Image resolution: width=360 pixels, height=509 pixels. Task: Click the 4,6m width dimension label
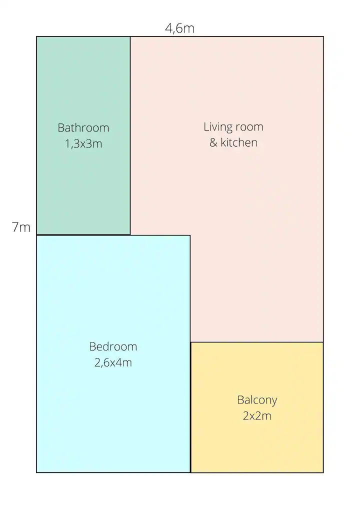click(x=179, y=28)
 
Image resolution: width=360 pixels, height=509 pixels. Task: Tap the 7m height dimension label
click(x=21, y=227)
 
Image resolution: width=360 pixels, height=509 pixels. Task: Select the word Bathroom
click(x=83, y=127)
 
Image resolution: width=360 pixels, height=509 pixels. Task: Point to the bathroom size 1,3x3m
click(x=83, y=143)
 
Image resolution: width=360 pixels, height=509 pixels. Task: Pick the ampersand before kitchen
click(x=213, y=142)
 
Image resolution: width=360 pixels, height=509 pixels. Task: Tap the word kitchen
click(x=239, y=142)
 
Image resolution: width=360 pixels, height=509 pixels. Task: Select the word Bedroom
click(x=113, y=346)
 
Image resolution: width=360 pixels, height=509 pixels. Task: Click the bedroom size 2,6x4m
click(x=113, y=362)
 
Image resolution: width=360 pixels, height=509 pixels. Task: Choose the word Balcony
click(x=257, y=400)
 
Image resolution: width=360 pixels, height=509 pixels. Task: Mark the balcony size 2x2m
click(x=257, y=416)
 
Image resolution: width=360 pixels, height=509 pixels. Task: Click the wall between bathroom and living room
click(x=130, y=135)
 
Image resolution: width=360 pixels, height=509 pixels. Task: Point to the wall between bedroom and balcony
click(x=190, y=407)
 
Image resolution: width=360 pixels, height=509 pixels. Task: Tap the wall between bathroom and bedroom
click(x=83, y=234)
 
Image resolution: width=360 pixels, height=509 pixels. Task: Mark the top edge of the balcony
click(x=257, y=342)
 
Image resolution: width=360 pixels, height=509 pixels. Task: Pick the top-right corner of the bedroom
click(x=190, y=235)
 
